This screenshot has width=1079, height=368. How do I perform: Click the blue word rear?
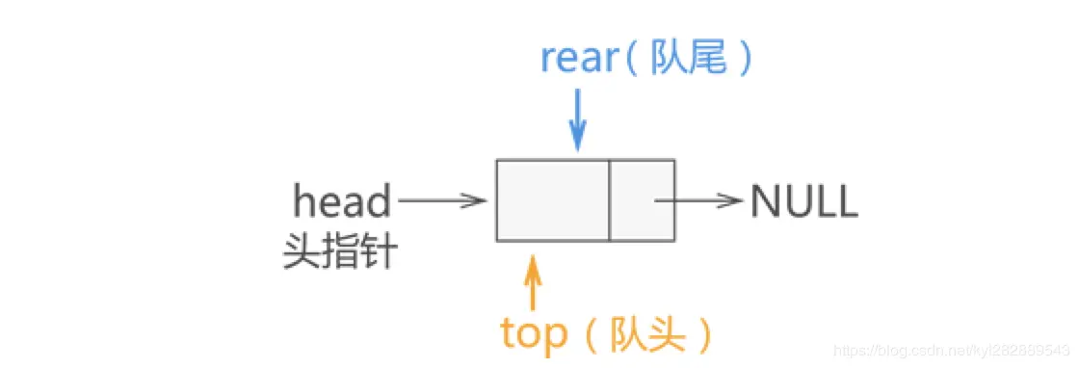(x=578, y=59)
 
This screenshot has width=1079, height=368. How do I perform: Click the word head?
(x=342, y=202)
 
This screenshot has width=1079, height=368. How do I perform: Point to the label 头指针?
(x=339, y=252)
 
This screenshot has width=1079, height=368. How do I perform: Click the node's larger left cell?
(x=553, y=200)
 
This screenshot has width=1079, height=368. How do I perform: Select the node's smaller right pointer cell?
(x=642, y=200)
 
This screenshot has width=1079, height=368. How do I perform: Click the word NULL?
(x=803, y=202)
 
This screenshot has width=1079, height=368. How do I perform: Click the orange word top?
(x=535, y=334)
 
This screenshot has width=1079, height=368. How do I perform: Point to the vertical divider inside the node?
(x=609, y=200)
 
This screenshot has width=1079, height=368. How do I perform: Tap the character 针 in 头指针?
(x=377, y=252)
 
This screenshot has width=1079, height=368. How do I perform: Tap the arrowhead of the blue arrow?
(x=577, y=141)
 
